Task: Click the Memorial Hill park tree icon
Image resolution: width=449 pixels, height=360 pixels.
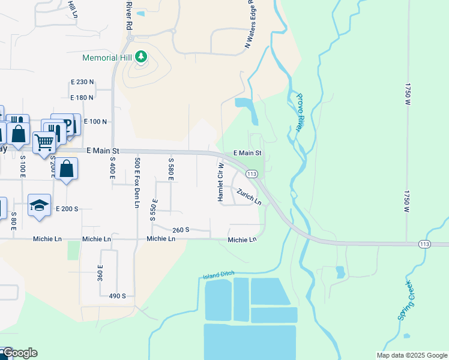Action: [141, 57]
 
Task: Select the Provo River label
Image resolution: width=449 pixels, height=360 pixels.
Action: [301, 112]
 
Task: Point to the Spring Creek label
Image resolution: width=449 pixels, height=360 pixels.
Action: [406, 301]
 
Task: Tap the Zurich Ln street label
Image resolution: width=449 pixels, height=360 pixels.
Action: [249, 197]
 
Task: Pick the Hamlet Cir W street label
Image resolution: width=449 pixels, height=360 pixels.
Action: [221, 182]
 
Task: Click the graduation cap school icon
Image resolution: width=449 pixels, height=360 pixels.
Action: [39, 205]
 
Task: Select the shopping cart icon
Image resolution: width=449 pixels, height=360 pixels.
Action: [44, 142]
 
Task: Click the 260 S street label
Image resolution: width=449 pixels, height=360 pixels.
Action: [181, 230]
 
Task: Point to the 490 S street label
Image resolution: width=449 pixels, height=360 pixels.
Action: [117, 296]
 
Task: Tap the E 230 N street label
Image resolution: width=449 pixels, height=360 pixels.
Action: [82, 82]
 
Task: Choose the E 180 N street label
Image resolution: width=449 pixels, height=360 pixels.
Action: [82, 97]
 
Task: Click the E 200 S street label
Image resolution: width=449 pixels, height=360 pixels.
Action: [67, 209]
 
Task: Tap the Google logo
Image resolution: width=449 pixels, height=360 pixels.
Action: [20, 353]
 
